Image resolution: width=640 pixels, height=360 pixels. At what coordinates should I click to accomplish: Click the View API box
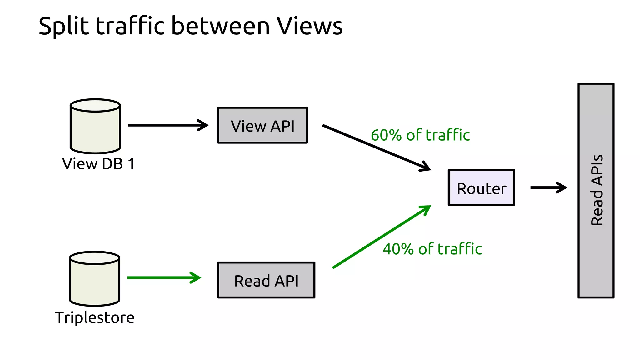click(262, 125)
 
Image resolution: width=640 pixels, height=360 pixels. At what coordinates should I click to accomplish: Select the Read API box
click(266, 280)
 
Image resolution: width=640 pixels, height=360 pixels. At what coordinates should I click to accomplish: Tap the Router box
click(481, 188)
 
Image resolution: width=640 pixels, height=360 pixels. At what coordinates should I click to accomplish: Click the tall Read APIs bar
click(596, 191)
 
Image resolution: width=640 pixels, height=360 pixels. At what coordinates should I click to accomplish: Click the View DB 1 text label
click(98, 164)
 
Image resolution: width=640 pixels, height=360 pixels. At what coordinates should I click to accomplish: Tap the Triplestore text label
click(95, 318)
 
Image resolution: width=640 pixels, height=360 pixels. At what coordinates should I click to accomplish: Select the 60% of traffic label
click(420, 135)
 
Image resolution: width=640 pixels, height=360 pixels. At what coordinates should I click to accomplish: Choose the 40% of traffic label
click(432, 249)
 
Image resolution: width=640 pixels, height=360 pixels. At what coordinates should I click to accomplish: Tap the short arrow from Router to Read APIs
click(548, 187)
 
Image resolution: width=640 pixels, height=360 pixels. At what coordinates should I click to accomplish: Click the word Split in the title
click(64, 26)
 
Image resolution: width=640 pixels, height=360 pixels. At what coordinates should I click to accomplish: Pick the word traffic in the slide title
click(130, 26)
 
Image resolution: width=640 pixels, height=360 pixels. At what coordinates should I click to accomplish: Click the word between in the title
click(220, 26)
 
